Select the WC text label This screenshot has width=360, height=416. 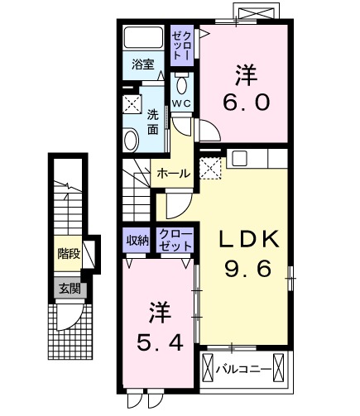click(x=181, y=103)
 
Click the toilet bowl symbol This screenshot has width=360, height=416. click(x=181, y=85)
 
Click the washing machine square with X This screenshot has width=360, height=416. click(x=132, y=103)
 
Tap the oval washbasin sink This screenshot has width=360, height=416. click(x=131, y=140)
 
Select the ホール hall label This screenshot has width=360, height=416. click(x=173, y=174)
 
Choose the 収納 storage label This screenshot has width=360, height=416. click(x=137, y=241)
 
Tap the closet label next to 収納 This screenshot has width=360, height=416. click(x=175, y=241)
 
